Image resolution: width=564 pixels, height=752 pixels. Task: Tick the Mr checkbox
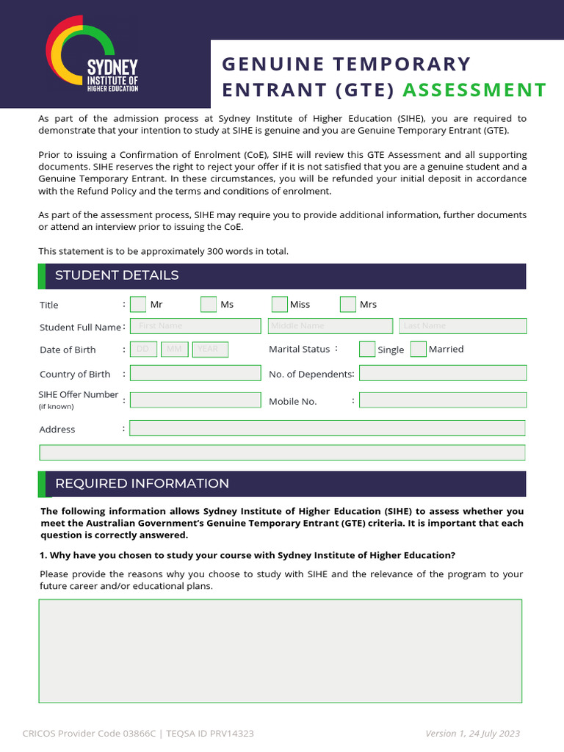[x=138, y=304]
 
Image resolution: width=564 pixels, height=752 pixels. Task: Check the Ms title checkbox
[x=209, y=304]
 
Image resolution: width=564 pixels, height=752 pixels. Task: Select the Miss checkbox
[x=279, y=304]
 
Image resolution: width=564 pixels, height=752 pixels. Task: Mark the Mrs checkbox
[x=348, y=304]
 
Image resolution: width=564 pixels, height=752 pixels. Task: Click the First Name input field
[x=195, y=326]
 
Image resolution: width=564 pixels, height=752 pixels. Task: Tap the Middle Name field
[x=330, y=326]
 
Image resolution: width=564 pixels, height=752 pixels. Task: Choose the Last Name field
[x=463, y=326]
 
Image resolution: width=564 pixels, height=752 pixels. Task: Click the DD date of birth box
[x=143, y=350]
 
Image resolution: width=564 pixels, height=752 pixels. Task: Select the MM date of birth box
[x=175, y=350]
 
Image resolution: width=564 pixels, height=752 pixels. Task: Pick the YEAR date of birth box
[x=209, y=350]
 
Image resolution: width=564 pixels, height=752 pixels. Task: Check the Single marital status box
[x=367, y=350]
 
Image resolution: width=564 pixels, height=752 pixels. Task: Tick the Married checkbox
[x=419, y=350]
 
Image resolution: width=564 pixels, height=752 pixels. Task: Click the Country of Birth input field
[x=195, y=373]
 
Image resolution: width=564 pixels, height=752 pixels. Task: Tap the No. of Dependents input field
[x=443, y=373]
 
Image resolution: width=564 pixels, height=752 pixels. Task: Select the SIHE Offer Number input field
[x=195, y=400]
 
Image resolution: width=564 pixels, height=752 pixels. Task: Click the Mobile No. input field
[x=443, y=400]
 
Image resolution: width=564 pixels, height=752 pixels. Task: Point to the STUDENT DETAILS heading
[x=117, y=275]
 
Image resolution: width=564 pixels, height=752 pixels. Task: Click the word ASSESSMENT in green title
[x=474, y=90]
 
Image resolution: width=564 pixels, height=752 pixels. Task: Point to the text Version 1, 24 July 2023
[x=472, y=734]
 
